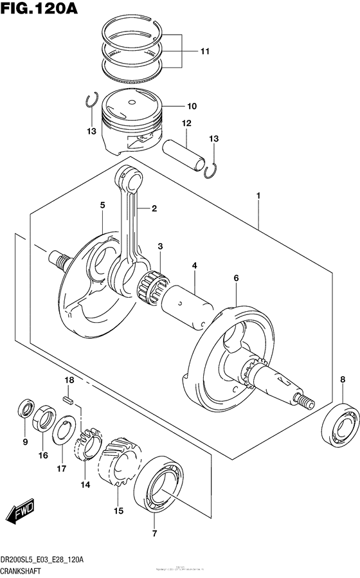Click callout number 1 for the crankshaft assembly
tap(258, 195)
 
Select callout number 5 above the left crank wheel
tap(102, 205)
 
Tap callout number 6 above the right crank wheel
tap(236, 278)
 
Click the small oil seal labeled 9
tap(26, 410)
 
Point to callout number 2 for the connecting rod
tap(154, 208)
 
